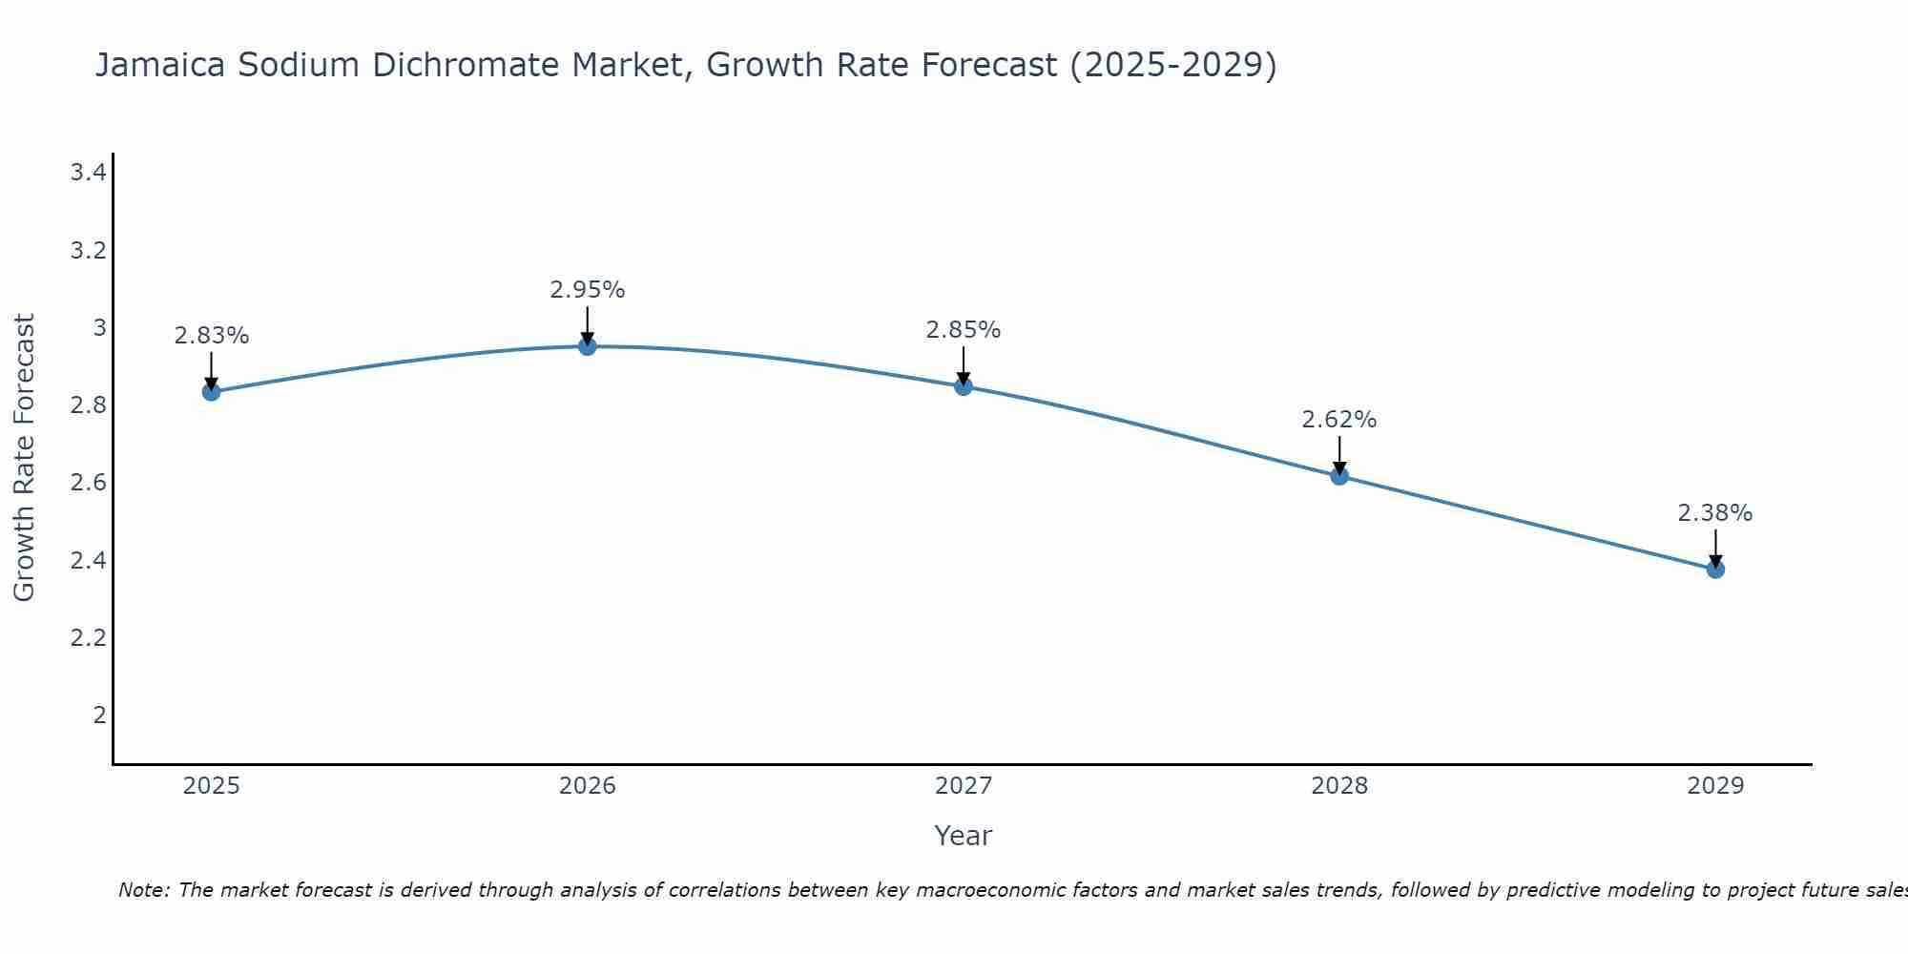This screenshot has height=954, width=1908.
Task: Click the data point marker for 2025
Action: coord(212,391)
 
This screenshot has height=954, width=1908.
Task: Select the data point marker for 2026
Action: coord(588,346)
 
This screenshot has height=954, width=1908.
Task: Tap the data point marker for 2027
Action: coord(964,386)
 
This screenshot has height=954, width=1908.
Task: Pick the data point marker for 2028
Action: coord(1339,475)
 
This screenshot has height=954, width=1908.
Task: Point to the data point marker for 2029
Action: coord(1715,570)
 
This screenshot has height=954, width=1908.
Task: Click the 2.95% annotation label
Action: coord(588,290)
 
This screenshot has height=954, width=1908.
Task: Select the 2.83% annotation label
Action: coord(212,336)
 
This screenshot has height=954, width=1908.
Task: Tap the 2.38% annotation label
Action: coord(1715,513)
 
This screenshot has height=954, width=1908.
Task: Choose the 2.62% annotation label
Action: coord(1339,420)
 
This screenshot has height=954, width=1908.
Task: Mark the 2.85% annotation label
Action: coord(964,330)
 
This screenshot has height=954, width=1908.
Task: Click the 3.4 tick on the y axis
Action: coord(88,173)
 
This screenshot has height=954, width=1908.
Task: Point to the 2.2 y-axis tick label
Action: coord(88,637)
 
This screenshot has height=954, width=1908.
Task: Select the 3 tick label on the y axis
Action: coord(99,328)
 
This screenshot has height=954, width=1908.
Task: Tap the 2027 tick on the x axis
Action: coord(964,786)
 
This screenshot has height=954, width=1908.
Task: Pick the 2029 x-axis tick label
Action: coord(1715,786)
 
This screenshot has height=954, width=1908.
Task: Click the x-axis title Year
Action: coord(964,836)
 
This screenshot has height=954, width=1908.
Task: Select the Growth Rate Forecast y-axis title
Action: coord(25,458)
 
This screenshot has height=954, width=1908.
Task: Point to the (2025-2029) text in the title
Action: coord(1172,65)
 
